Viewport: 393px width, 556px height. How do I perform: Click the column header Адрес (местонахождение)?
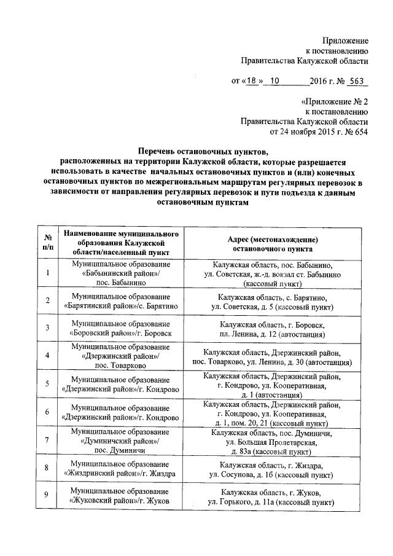coord(272,240)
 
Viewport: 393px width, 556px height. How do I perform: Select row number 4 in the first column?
coord(47,356)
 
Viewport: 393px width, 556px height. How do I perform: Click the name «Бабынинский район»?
coord(120,273)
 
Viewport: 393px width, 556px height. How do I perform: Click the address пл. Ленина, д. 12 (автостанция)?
coord(272,335)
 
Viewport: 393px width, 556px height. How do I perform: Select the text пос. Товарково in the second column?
coord(120,366)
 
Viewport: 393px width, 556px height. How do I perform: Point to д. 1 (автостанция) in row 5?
coord(272,395)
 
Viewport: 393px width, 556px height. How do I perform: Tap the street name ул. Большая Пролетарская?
coord(272,442)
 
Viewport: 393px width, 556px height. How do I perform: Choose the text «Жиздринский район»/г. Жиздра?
coord(120,474)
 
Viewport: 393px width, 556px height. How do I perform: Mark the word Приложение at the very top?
coord(345,39)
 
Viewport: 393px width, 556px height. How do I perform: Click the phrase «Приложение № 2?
coord(335,101)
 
